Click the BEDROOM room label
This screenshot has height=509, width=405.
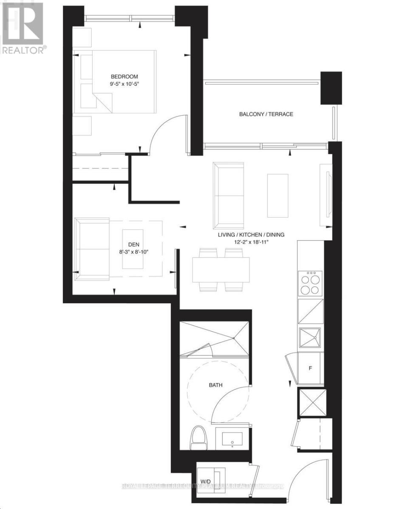[125, 76]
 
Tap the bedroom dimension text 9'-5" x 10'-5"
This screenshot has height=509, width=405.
[125, 84]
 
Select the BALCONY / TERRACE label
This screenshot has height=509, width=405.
[266, 114]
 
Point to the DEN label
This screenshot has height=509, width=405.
[134, 244]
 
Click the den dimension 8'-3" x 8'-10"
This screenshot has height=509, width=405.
[134, 252]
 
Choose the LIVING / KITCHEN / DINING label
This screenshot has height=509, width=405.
[251, 235]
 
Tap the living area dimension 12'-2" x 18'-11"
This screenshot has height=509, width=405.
[251, 242]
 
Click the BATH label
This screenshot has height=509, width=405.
[215, 385]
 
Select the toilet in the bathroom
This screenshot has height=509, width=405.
[198, 438]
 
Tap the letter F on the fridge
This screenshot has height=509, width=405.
[310, 368]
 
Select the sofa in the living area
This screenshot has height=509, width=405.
[229, 195]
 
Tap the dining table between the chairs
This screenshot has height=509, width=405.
[221, 270]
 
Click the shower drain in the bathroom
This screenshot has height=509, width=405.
[234, 338]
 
